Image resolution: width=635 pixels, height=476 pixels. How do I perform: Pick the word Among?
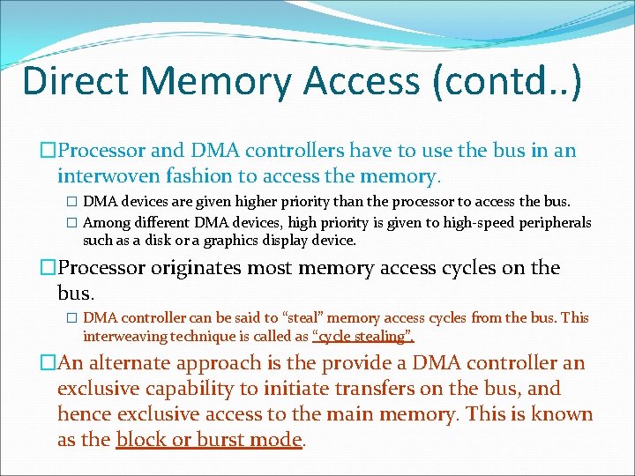tap(106, 222)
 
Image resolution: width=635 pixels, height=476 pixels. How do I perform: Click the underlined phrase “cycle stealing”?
tap(363, 336)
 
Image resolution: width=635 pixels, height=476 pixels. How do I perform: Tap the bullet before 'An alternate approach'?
tap(49, 363)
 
